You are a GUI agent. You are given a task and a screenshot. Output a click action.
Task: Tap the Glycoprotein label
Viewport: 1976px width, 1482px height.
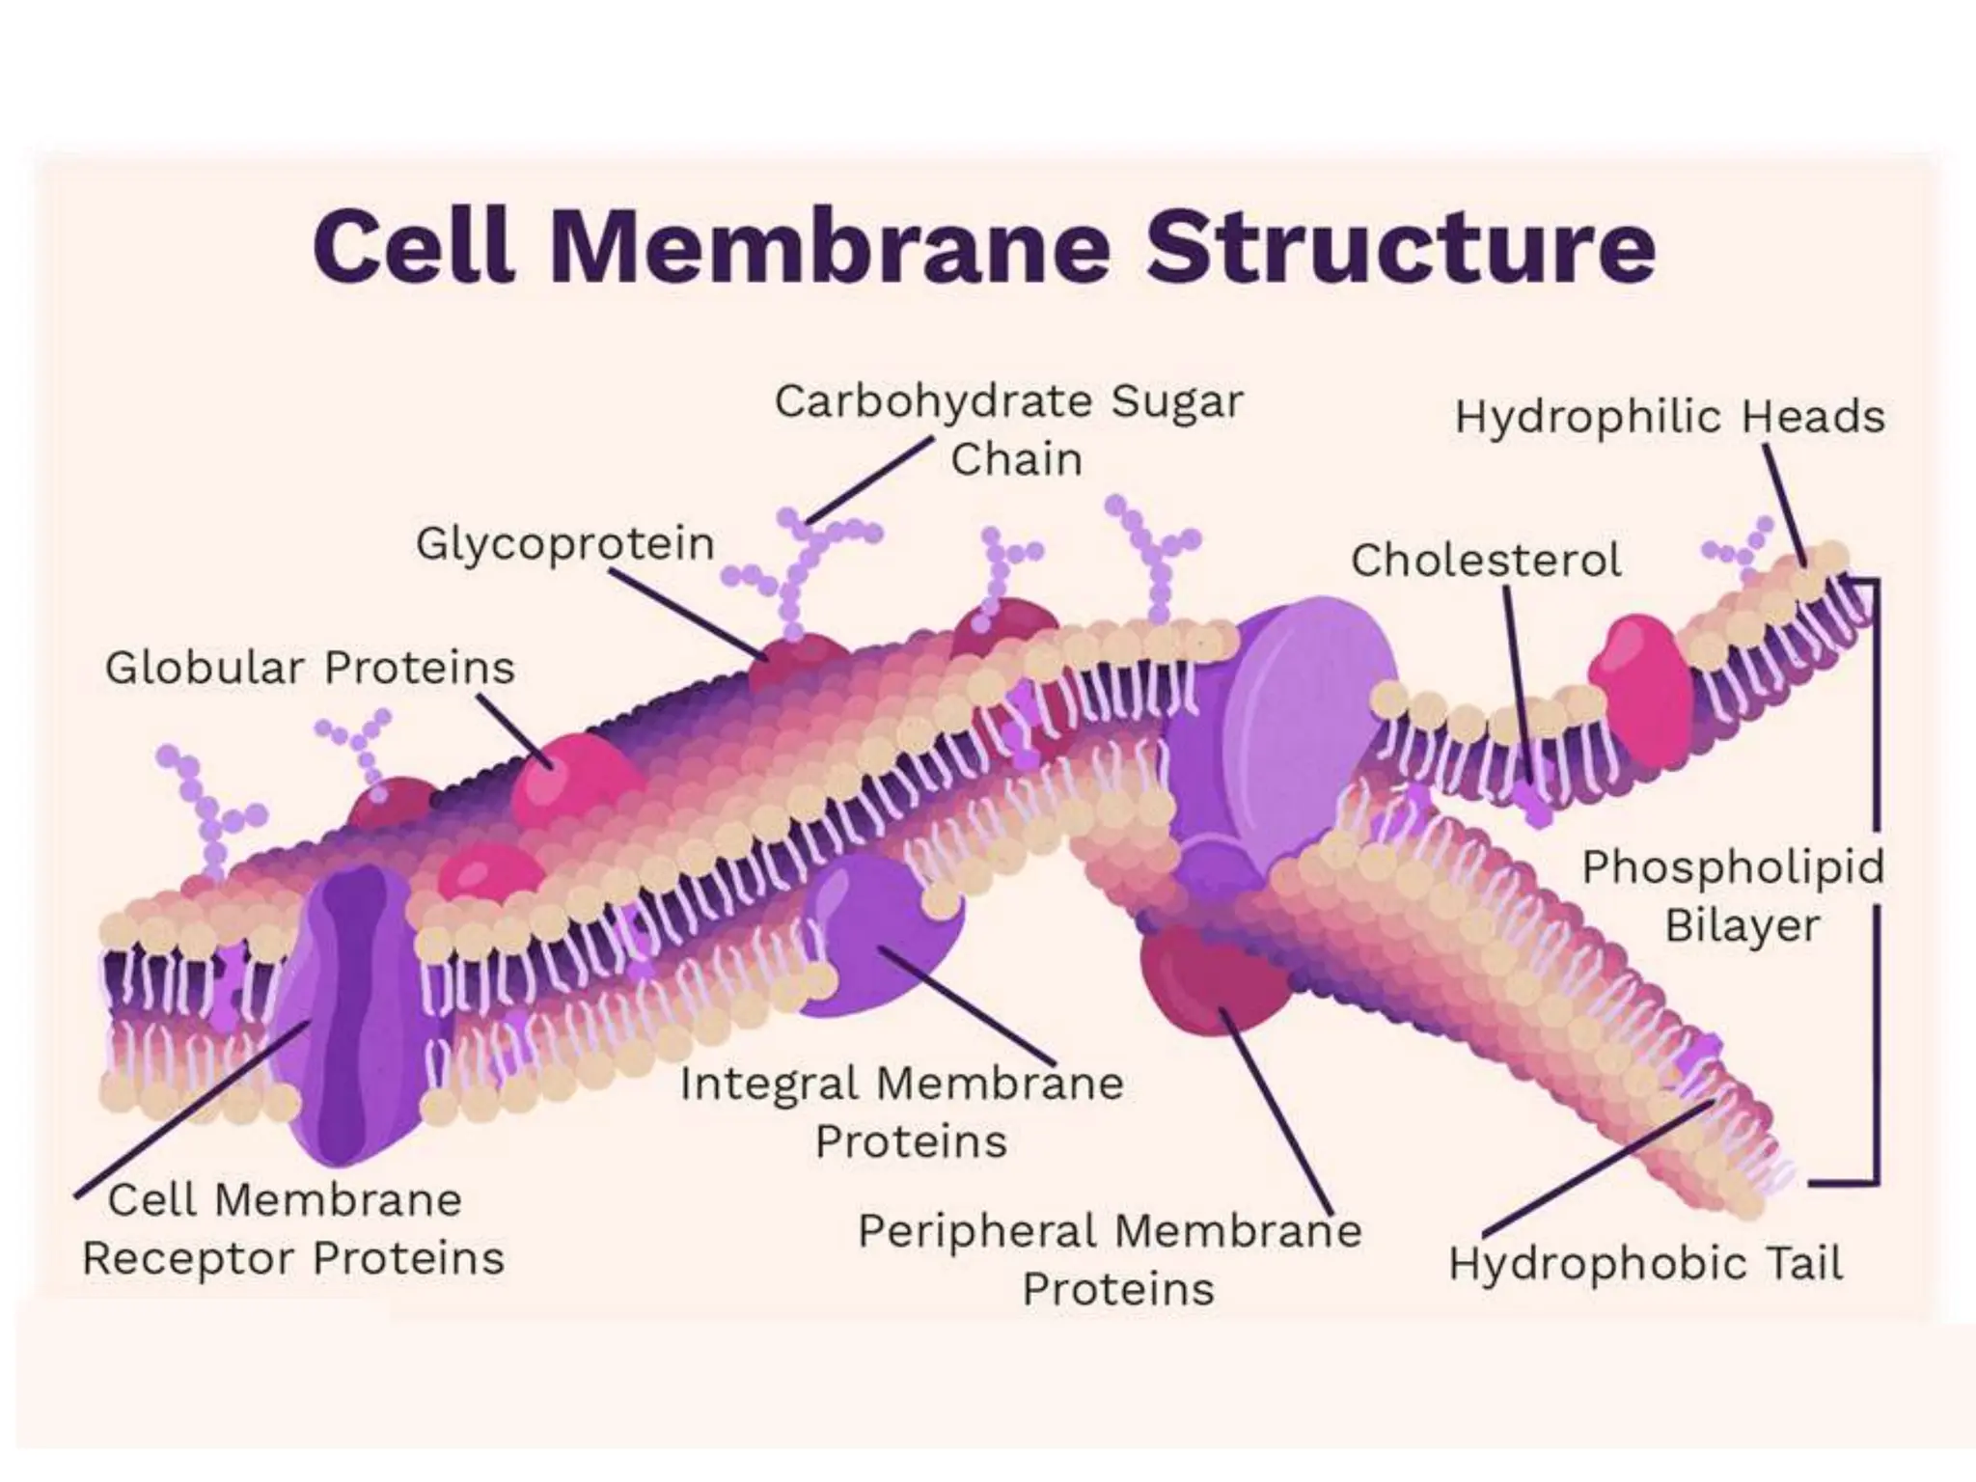(565, 544)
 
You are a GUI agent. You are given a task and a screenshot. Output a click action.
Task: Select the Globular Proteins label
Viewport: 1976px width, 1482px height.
(310, 668)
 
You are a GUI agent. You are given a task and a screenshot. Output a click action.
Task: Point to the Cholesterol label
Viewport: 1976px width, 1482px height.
(1486, 561)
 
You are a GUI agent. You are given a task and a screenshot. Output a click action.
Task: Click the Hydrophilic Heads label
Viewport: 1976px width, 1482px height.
(1669, 418)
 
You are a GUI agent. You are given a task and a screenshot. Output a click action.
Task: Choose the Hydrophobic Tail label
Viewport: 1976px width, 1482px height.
(1645, 1264)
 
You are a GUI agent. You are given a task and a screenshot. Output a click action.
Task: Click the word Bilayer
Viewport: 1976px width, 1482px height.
(1742, 926)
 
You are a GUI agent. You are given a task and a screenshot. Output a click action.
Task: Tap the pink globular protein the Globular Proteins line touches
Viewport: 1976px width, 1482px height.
(569, 782)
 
